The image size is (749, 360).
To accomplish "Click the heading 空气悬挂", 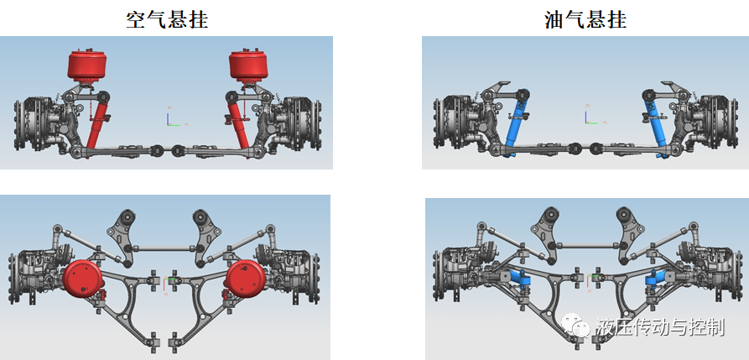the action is tap(167, 19).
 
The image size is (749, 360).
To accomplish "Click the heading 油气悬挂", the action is tap(585, 19).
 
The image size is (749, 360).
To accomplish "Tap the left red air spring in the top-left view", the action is tap(87, 64).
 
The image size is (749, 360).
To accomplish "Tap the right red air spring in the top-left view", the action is tap(247, 64).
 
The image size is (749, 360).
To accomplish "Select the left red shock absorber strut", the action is tap(97, 124).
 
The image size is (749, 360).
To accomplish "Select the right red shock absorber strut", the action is tap(237, 124).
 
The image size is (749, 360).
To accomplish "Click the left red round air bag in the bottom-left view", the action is tap(83, 279).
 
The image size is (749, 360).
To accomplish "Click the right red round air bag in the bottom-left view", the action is tap(246, 279).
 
